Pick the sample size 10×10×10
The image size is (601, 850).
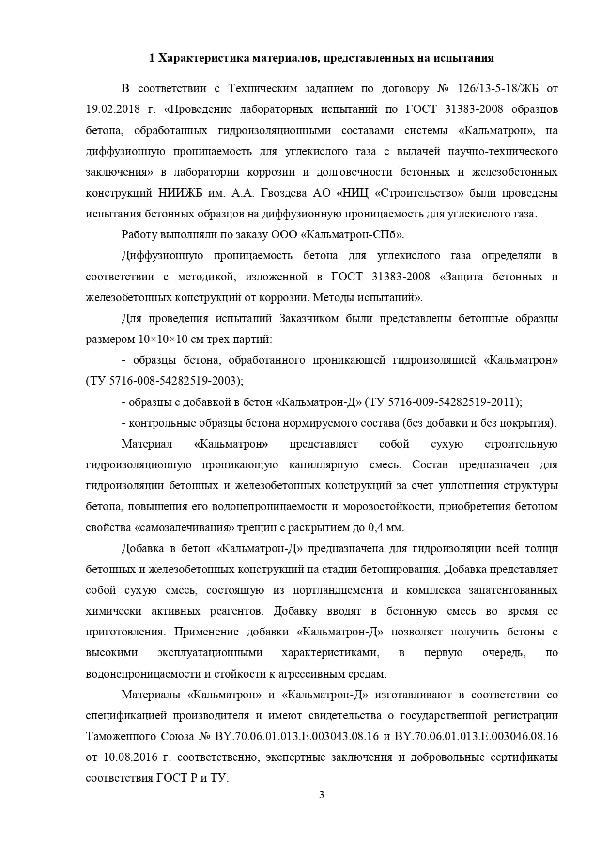(x=163, y=340)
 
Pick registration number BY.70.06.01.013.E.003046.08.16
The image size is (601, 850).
(x=476, y=737)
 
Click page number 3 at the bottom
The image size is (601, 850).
(x=322, y=795)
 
